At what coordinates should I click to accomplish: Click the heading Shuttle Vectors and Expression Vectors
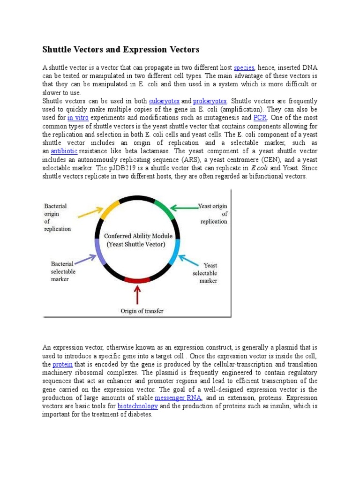click(x=121, y=49)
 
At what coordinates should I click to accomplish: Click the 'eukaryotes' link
click(x=164, y=101)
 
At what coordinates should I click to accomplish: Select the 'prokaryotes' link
click(x=211, y=101)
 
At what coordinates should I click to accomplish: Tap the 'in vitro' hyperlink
click(x=78, y=118)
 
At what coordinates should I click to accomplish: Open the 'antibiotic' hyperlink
click(x=64, y=151)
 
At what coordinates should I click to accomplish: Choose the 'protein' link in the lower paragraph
click(x=62, y=364)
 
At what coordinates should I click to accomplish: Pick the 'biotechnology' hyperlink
click(x=137, y=406)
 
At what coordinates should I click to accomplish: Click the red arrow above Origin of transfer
click(x=137, y=295)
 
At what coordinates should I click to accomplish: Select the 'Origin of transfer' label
click(x=142, y=311)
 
